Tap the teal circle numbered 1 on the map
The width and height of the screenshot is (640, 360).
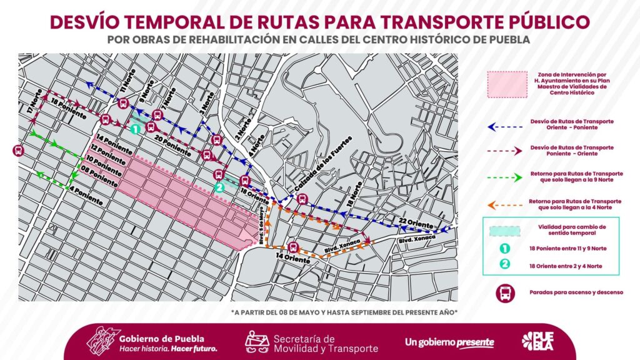tap(136, 129)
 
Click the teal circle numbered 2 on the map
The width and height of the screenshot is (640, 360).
tap(218, 187)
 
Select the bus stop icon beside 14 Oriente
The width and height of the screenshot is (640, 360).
tap(293, 246)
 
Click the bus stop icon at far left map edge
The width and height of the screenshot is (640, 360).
tap(18, 150)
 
